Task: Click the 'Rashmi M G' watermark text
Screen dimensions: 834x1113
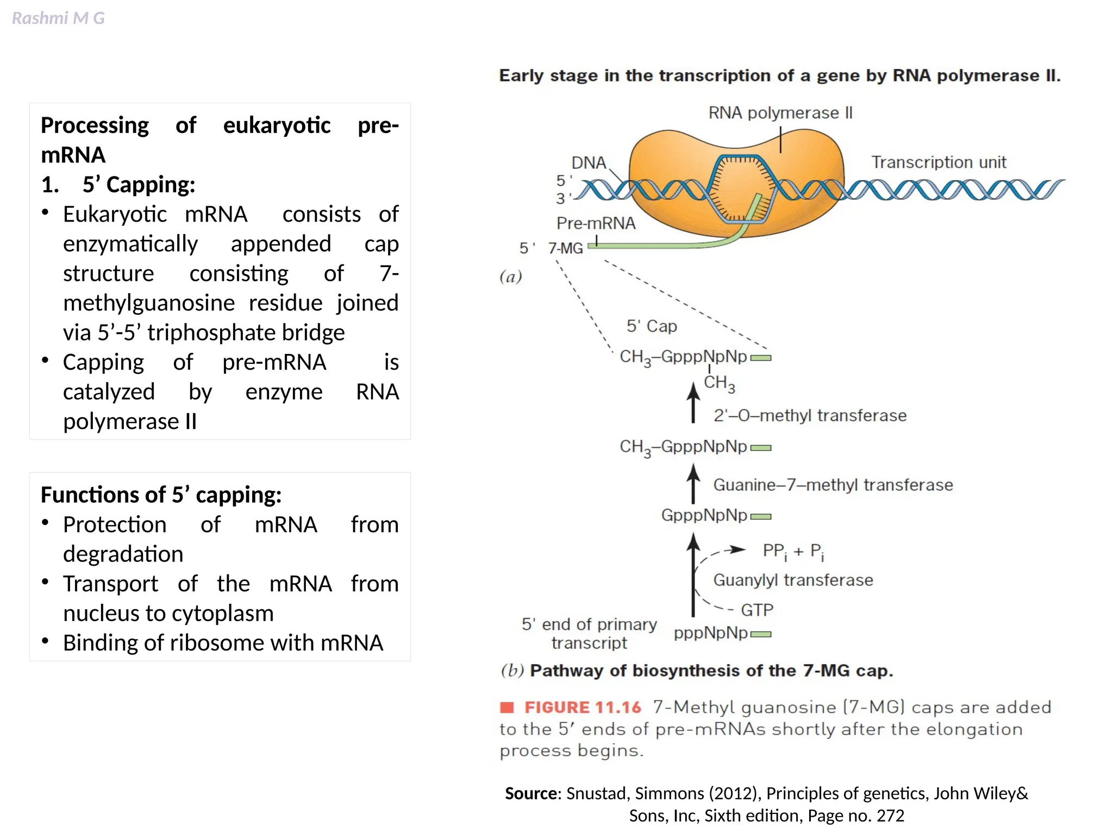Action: [58, 18]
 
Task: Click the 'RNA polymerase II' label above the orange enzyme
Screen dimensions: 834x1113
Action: [780, 113]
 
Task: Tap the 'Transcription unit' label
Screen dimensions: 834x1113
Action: [939, 162]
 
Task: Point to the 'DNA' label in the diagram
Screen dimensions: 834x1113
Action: [589, 163]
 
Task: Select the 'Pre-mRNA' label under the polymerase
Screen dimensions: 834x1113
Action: [596, 223]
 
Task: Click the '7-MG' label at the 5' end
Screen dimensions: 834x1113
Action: [565, 248]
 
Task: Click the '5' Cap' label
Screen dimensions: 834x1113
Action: [652, 326]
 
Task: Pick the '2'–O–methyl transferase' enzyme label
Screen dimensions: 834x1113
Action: [810, 415]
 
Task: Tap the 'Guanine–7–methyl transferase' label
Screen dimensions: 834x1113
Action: [833, 485]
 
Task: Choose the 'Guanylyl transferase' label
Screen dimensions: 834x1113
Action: [793, 580]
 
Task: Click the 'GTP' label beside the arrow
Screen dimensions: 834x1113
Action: [757, 610]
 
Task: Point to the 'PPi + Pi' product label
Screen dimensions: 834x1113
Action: [793, 552]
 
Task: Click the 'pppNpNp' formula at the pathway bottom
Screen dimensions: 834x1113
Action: [710, 633]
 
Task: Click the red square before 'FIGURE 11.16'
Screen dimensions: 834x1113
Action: [507, 707]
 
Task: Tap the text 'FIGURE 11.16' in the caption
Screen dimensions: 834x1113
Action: [583, 707]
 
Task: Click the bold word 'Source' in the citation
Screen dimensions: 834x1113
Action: [531, 794]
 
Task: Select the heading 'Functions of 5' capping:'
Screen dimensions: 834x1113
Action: [161, 495]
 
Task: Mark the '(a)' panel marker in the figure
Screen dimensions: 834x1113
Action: [511, 277]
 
